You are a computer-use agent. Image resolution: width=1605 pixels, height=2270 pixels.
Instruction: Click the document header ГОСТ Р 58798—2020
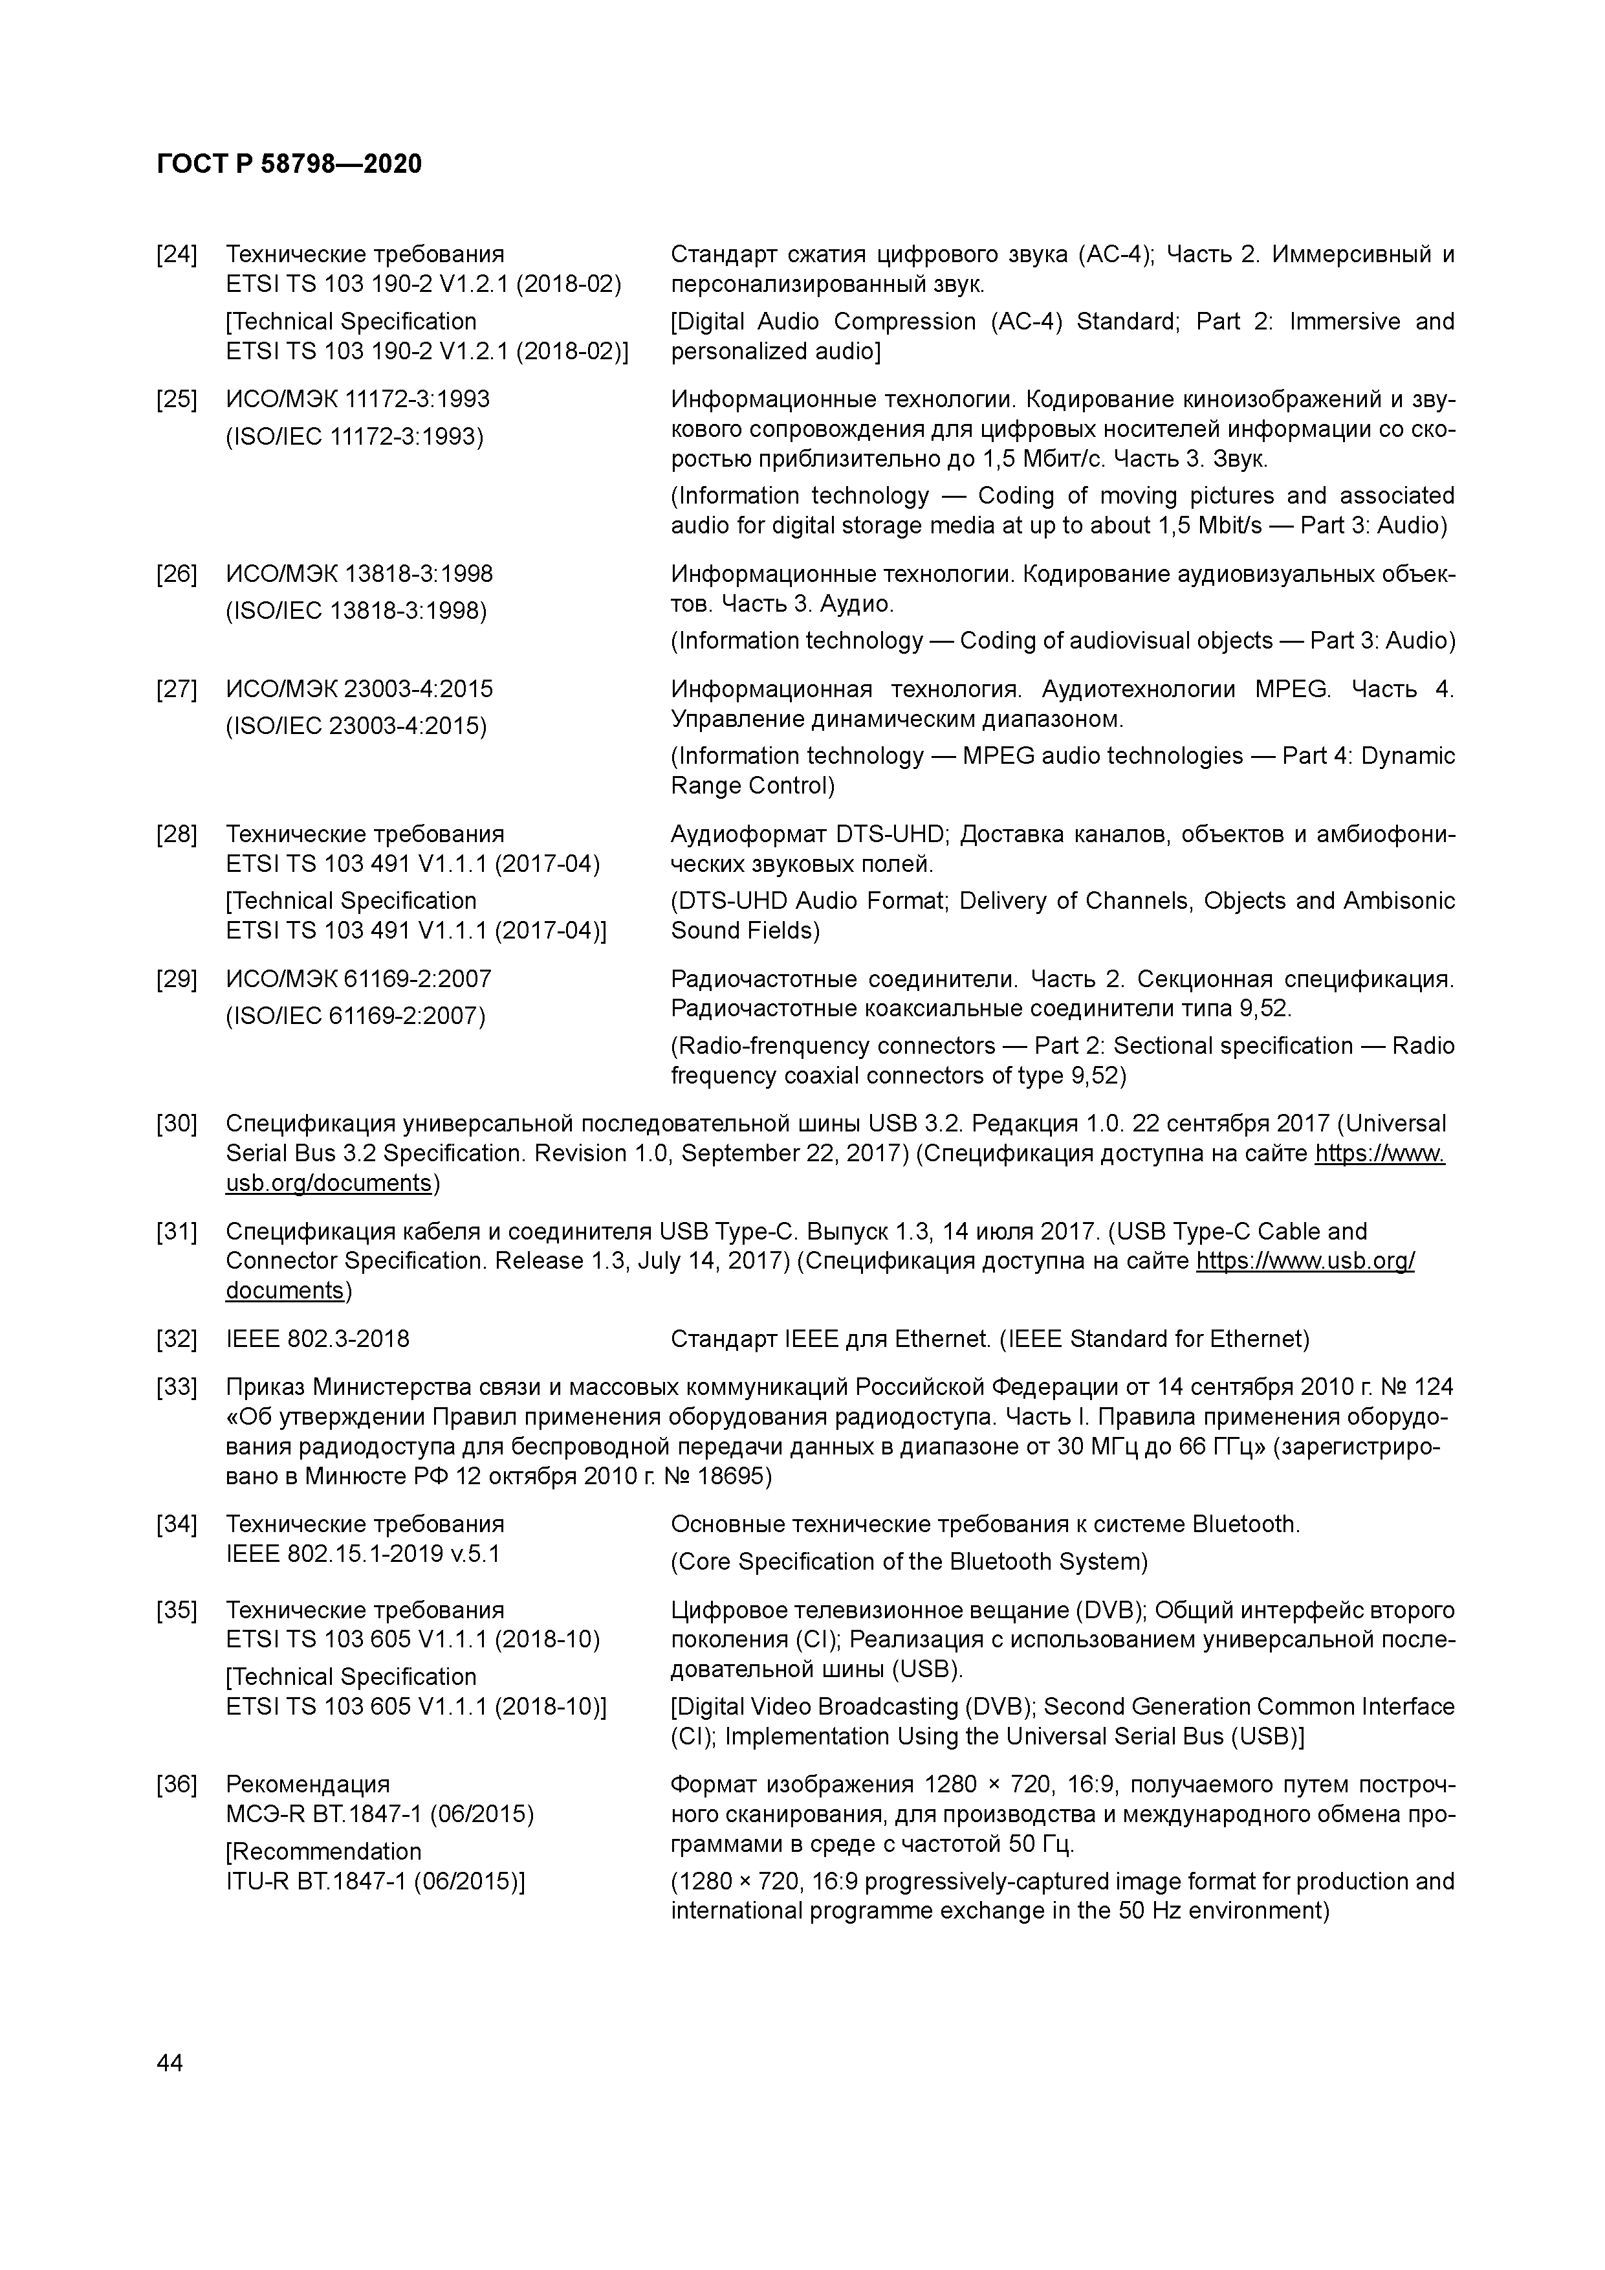289,164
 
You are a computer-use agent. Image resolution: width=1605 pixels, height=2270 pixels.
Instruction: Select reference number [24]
177,255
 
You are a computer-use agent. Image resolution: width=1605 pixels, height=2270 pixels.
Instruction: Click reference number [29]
177,980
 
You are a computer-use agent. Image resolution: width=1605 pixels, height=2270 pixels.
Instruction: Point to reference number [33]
177,1387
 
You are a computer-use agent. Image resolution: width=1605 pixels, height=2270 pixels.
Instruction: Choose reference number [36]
177,1785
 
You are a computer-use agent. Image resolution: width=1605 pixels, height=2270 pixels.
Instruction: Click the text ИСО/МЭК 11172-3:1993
358,399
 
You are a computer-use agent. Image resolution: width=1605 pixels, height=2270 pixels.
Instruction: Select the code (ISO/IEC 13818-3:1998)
357,611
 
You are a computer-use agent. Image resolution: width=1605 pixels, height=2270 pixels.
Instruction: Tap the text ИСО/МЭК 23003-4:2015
360,689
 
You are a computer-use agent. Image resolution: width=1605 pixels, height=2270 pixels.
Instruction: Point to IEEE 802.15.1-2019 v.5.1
363,1554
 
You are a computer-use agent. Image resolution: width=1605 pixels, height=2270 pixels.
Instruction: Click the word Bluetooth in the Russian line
1244,1524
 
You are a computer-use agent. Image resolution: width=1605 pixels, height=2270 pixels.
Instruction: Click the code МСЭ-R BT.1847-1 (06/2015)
380,1814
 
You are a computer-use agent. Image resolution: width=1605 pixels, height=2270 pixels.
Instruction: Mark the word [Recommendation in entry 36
323,1852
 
